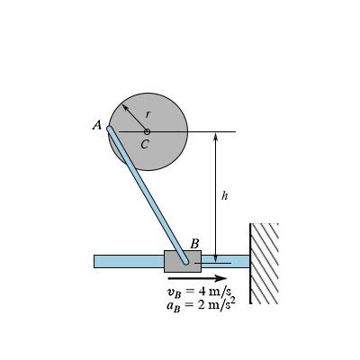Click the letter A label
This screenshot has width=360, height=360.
97,126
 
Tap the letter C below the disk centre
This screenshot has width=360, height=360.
145,143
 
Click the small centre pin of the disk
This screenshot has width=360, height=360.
147,131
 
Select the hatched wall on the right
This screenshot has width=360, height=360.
265,262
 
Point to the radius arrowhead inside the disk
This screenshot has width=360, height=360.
126,108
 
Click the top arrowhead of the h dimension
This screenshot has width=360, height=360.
216,137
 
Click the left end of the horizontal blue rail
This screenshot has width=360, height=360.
97,261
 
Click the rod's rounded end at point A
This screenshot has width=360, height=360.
111,130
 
